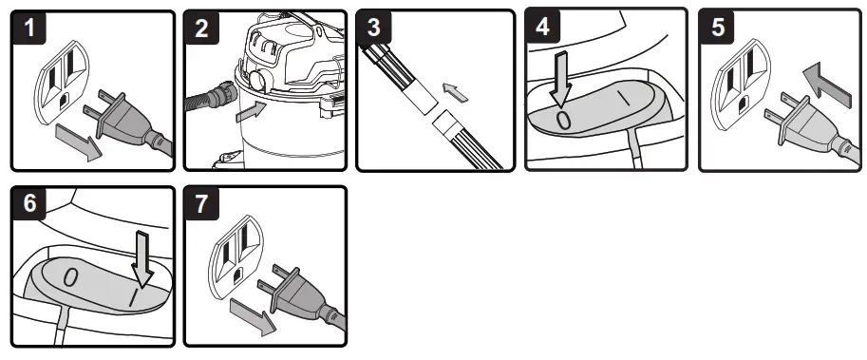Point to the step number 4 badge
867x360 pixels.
(543, 26)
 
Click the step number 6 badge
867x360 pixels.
(29, 203)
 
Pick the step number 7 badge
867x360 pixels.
(202, 203)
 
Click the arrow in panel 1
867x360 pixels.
(79, 142)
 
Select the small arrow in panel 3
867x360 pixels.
(456, 91)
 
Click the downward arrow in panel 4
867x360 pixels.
(562, 79)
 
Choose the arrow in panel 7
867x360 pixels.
(253, 315)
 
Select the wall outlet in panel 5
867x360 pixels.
(741, 85)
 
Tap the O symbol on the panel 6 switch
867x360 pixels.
(70, 277)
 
